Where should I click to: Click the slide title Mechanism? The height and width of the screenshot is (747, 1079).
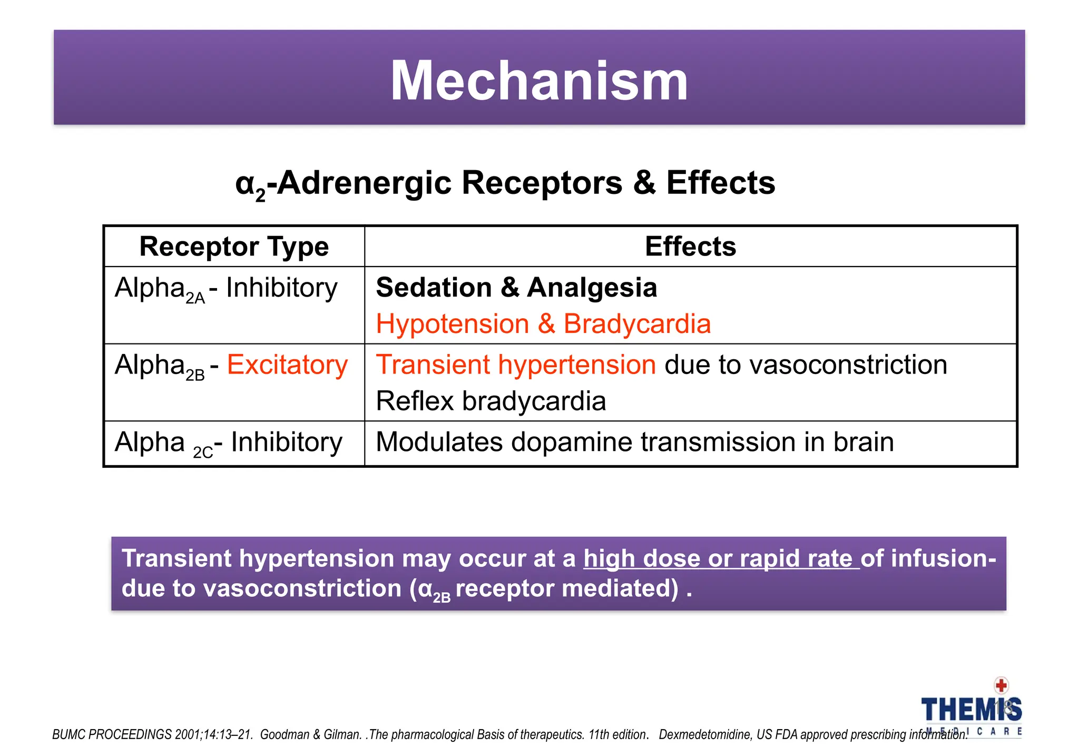[539, 81]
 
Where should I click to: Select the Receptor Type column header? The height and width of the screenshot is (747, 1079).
[234, 247]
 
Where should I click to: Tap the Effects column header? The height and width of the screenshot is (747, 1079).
[690, 247]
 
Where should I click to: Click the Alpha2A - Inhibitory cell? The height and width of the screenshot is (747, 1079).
[226, 289]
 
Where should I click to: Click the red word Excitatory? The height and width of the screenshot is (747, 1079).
[287, 365]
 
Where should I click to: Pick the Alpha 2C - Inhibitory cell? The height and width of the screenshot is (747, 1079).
[228, 443]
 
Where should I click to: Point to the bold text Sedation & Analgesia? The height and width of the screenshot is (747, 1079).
[516, 288]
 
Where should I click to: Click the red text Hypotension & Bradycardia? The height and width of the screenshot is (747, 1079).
[543, 323]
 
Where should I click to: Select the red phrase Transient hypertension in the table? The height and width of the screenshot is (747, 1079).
[516, 365]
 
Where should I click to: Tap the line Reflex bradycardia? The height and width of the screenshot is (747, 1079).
[491, 401]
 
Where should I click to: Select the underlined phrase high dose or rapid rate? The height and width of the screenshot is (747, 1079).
[721, 558]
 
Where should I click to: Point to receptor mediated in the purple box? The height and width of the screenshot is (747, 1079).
[566, 588]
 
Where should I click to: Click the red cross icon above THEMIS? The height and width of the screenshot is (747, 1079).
[1000, 685]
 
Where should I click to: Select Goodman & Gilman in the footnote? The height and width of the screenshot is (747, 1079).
[310, 734]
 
